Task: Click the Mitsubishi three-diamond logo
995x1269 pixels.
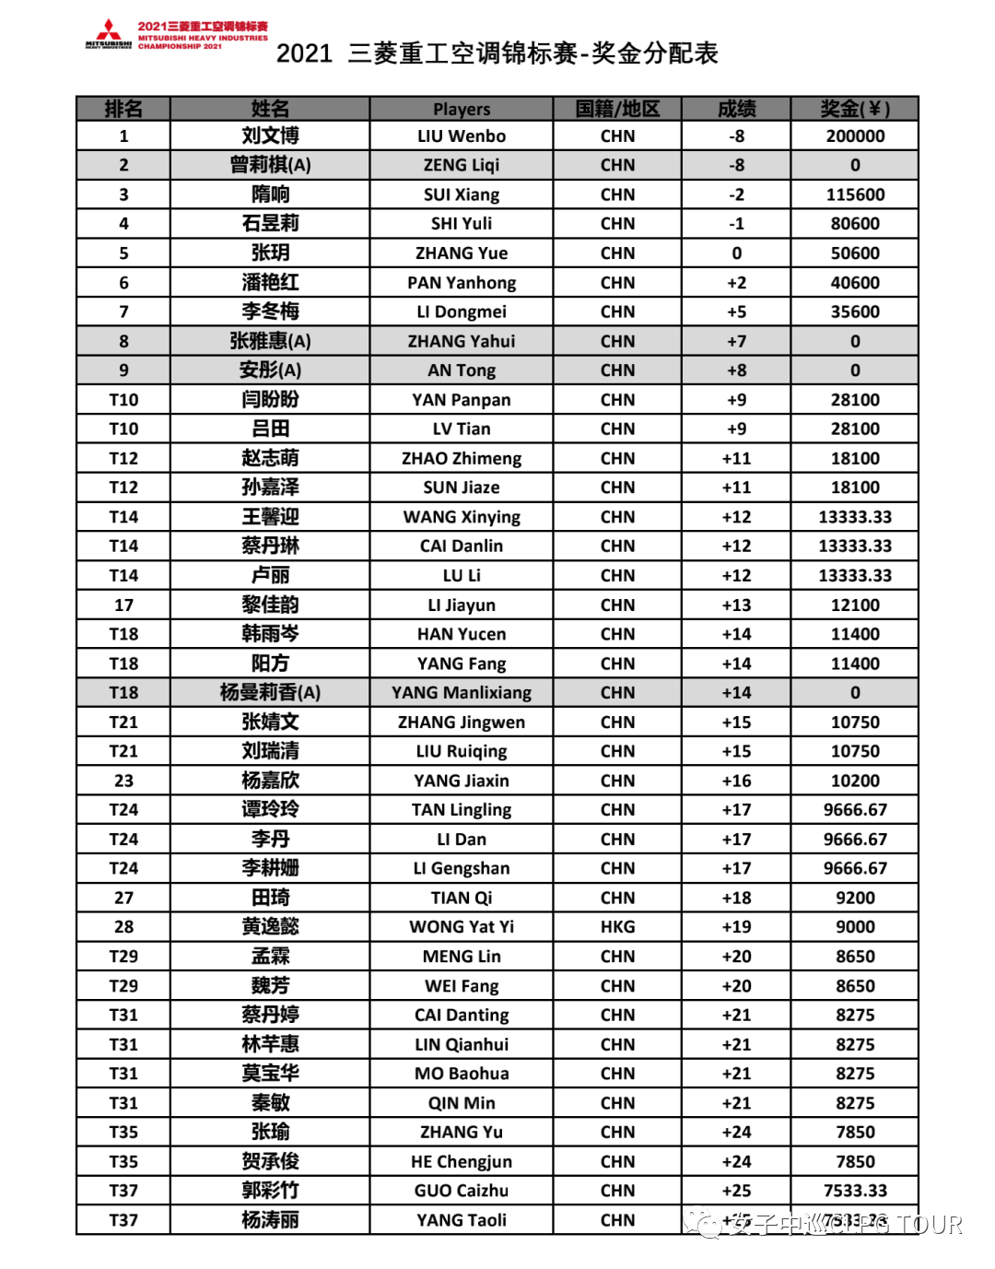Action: [x=109, y=30]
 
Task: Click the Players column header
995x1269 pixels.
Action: [x=462, y=109]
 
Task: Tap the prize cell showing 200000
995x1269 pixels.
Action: [x=855, y=136]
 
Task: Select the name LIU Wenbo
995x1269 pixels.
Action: [x=462, y=136]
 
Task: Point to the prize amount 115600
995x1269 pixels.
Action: [x=855, y=194]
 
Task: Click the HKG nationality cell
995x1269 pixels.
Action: [x=617, y=927]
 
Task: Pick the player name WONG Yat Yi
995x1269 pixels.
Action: [x=462, y=927]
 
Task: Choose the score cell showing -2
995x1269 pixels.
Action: [x=736, y=194]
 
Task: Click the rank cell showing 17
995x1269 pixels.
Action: [x=123, y=605]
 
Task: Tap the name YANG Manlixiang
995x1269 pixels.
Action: [x=462, y=693]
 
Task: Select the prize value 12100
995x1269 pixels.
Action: [x=855, y=605]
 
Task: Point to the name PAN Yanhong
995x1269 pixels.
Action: [x=462, y=283]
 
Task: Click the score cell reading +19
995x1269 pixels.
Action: [x=736, y=927]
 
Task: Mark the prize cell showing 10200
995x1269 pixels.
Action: [x=855, y=781]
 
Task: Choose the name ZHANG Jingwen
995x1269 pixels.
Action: [x=462, y=723]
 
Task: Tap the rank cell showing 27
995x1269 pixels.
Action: [x=123, y=898]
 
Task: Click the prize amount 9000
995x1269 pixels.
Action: [x=855, y=927]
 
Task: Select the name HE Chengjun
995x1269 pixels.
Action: [x=462, y=1161]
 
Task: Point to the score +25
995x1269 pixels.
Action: [x=736, y=1191]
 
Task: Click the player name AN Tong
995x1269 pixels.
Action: [x=462, y=370]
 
